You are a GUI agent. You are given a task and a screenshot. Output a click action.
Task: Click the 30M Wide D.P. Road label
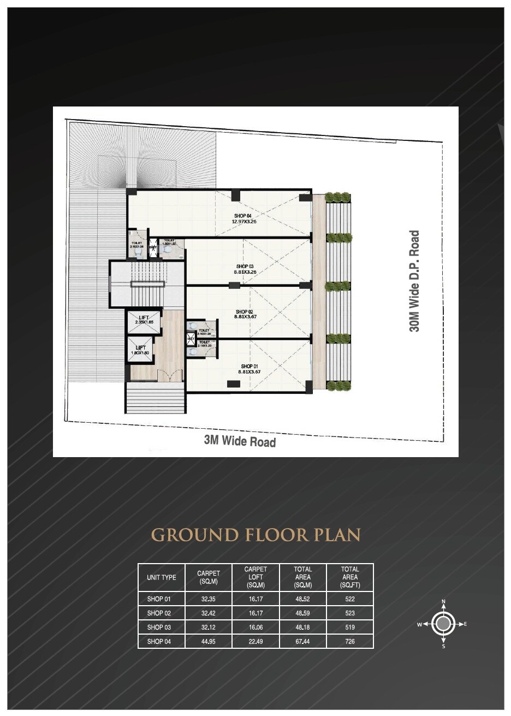pyautogui.click(x=415, y=281)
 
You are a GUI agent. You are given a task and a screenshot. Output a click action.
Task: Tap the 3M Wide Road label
pyautogui.click(x=240, y=441)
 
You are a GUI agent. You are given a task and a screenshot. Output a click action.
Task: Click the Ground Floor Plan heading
pyautogui.click(x=255, y=534)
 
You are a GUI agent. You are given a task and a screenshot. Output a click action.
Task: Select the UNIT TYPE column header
pyautogui.click(x=161, y=577)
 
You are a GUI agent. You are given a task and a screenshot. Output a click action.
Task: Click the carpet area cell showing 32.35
pyautogui.click(x=209, y=599)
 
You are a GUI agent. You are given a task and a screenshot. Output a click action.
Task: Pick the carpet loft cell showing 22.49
pyautogui.click(x=255, y=641)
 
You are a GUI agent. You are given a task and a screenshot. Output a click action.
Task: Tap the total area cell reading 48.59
pyautogui.click(x=302, y=613)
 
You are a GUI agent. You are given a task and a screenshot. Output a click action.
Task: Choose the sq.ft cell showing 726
pyautogui.click(x=350, y=641)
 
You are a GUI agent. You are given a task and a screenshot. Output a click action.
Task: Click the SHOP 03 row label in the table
pyautogui.click(x=159, y=627)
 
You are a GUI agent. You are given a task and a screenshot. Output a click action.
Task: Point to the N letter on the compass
pyautogui.click(x=443, y=601)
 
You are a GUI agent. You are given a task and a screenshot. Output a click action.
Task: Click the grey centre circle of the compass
pyautogui.click(x=443, y=624)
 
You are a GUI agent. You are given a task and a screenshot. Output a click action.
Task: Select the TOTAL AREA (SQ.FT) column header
pyautogui.click(x=350, y=577)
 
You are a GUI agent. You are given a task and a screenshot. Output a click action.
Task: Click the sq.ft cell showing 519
pyautogui.click(x=350, y=627)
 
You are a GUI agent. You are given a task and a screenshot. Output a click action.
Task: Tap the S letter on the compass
pyautogui.click(x=443, y=647)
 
